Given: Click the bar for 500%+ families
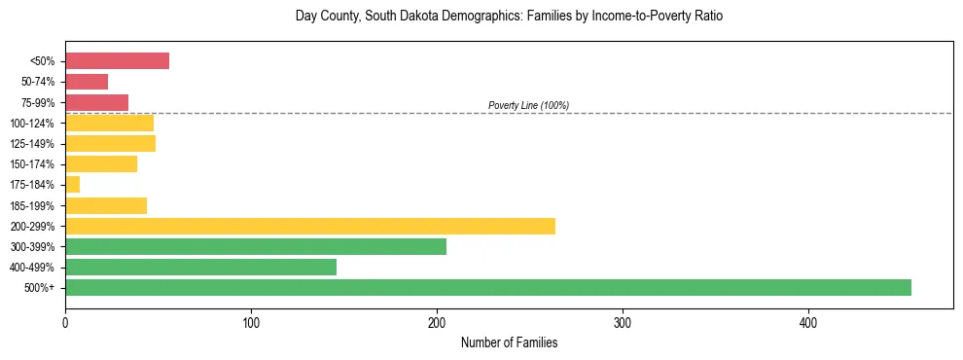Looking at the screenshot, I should [x=487, y=287].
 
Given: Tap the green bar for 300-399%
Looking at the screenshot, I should [x=255, y=246].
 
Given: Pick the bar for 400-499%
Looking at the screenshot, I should [x=200, y=267].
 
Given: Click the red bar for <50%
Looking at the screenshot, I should [x=117, y=61].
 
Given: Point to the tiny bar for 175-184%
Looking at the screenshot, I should [x=72, y=185].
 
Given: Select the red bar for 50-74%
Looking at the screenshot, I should [x=87, y=82].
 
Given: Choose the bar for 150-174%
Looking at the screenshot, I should [x=101, y=163].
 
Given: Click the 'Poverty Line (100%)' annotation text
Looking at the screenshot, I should [x=528, y=105].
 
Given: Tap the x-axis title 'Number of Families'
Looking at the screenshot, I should [x=509, y=343].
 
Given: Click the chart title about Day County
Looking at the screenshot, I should [x=509, y=17].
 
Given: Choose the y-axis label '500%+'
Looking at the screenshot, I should [x=40, y=288].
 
